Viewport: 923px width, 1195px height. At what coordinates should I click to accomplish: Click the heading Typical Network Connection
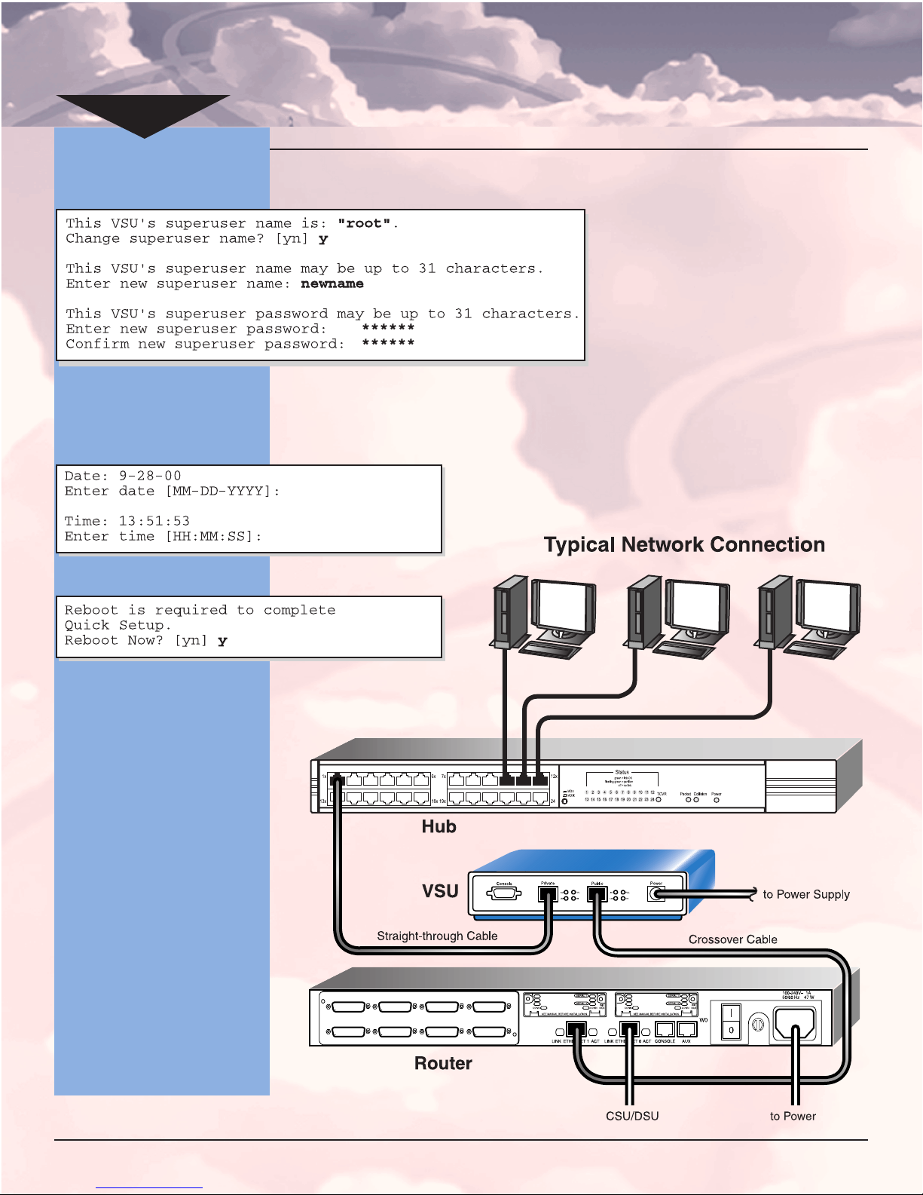pyautogui.click(x=684, y=544)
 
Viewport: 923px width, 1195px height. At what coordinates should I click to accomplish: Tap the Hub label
pyautogui.click(x=439, y=826)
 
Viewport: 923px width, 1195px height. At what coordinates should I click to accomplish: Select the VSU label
pyautogui.click(x=440, y=891)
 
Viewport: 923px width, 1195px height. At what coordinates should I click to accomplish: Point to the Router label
pyautogui.click(x=443, y=1063)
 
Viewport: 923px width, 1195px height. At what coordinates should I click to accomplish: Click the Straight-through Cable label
pyautogui.click(x=437, y=936)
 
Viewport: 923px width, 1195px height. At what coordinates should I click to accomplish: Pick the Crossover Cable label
pyautogui.click(x=732, y=939)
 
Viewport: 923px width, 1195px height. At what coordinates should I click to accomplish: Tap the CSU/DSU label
pyautogui.click(x=632, y=1116)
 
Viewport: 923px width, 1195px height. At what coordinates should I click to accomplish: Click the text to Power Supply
pyautogui.click(x=805, y=894)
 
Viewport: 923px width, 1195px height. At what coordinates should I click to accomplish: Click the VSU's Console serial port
pyautogui.click(x=504, y=894)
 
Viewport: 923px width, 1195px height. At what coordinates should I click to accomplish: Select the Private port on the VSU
pyautogui.click(x=548, y=895)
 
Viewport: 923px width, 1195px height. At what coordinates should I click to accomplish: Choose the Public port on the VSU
pyautogui.click(x=597, y=895)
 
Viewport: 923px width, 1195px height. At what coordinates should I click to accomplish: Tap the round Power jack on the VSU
pyautogui.click(x=656, y=895)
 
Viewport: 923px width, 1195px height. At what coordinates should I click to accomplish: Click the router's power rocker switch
pyautogui.click(x=731, y=1022)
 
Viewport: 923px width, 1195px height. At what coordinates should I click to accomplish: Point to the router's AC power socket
pyautogui.click(x=795, y=1023)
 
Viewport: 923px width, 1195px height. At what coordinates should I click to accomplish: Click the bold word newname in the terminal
pyautogui.click(x=332, y=284)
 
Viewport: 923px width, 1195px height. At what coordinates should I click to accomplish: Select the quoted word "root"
pyautogui.click(x=364, y=223)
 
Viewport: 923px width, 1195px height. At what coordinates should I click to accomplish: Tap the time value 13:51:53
pyautogui.click(x=154, y=521)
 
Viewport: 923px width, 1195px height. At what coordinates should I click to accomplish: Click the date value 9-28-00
pyautogui.click(x=150, y=476)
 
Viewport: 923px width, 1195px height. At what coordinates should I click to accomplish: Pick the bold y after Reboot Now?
pyautogui.click(x=222, y=641)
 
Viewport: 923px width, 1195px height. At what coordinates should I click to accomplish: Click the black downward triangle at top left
pyautogui.click(x=143, y=113)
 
